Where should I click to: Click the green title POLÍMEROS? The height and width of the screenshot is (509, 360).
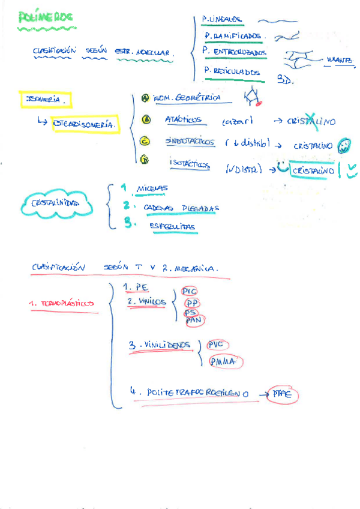tap(46, 17)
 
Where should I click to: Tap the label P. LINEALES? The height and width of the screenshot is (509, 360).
tap(223, 19)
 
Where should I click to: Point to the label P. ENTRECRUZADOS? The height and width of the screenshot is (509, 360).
tap(235, 52)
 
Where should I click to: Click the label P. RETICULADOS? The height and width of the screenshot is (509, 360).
tap(233, 72)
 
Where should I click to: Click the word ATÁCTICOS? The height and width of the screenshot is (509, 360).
tap(183, 119)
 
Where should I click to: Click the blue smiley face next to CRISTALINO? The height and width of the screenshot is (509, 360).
tap(344, 145)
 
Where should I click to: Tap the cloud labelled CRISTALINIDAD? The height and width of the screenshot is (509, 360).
tap(55, 204)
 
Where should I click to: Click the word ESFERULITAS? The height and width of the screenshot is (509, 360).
tap(174, 226)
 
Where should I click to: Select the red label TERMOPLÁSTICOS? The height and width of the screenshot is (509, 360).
tap(62, 304)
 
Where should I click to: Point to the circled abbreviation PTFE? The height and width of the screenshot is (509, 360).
tap(281, 394)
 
